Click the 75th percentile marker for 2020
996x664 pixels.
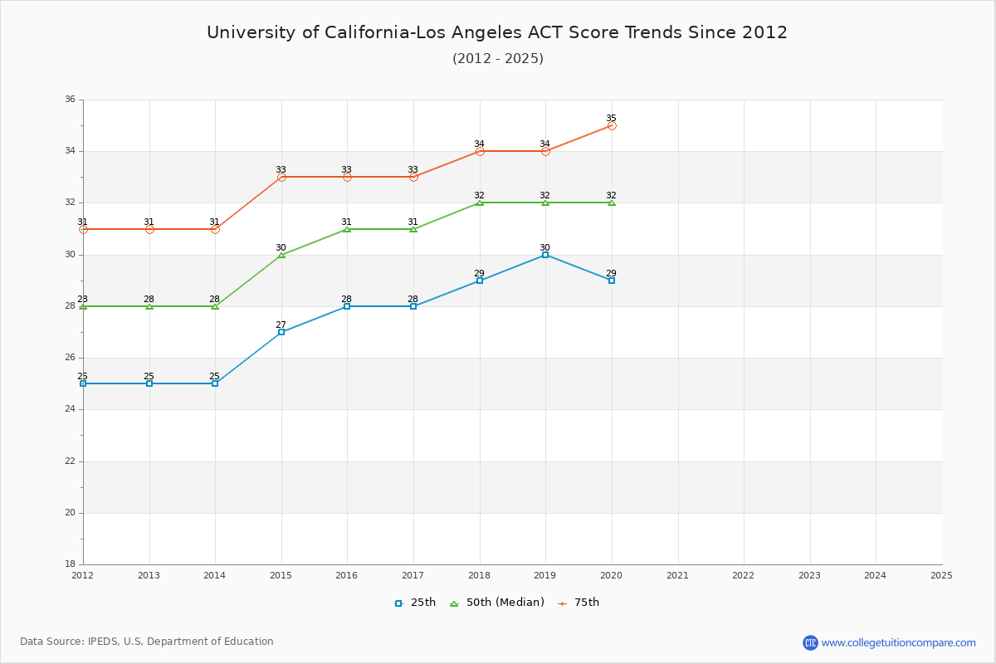click(612, 125)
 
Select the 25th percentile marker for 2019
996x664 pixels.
click(545, 255)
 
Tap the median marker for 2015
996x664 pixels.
click(281, 255)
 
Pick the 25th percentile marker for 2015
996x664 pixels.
click(281, 332)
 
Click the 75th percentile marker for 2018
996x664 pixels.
click(480, 151)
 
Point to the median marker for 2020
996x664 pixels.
click(612, 203)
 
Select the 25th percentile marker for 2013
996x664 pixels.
click(149, 383)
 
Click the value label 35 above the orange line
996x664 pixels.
click(612, 118)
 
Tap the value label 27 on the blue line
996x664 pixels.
click(281, 325)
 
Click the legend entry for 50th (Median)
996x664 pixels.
click(497, 603)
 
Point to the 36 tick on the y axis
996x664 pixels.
click(70, 100)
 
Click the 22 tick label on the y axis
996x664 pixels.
click(70, 461)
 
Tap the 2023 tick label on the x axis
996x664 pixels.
click(809, 575)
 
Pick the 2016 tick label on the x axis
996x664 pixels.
click(347, 575)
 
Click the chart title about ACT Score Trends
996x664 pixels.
click(497, 32)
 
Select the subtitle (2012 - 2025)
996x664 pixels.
click(497, 58)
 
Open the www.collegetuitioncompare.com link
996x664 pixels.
click(898, 642)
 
